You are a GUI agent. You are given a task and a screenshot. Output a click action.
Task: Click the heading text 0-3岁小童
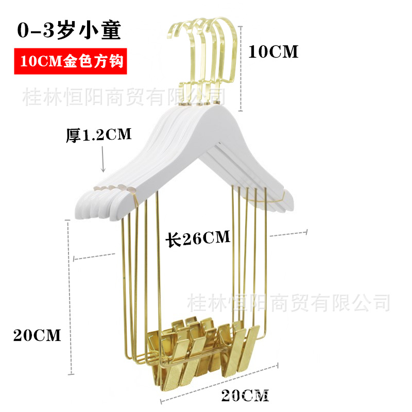coord(69,31)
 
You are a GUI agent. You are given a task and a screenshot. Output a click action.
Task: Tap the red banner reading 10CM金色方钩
coord(70,62)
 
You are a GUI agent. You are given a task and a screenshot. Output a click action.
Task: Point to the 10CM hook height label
coord(273,51)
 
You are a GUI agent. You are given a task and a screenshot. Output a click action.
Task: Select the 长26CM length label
coord(197,238)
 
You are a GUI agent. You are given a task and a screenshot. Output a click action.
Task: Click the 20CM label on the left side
coord(37,335)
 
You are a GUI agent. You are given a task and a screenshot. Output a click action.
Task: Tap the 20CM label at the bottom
coord(245,396)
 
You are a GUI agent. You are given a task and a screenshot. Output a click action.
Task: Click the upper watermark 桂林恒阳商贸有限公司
coord(124,96)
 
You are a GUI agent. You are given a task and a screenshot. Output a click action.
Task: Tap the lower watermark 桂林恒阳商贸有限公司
coord(288,303)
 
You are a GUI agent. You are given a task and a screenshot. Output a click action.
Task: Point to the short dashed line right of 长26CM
coord(289,233)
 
